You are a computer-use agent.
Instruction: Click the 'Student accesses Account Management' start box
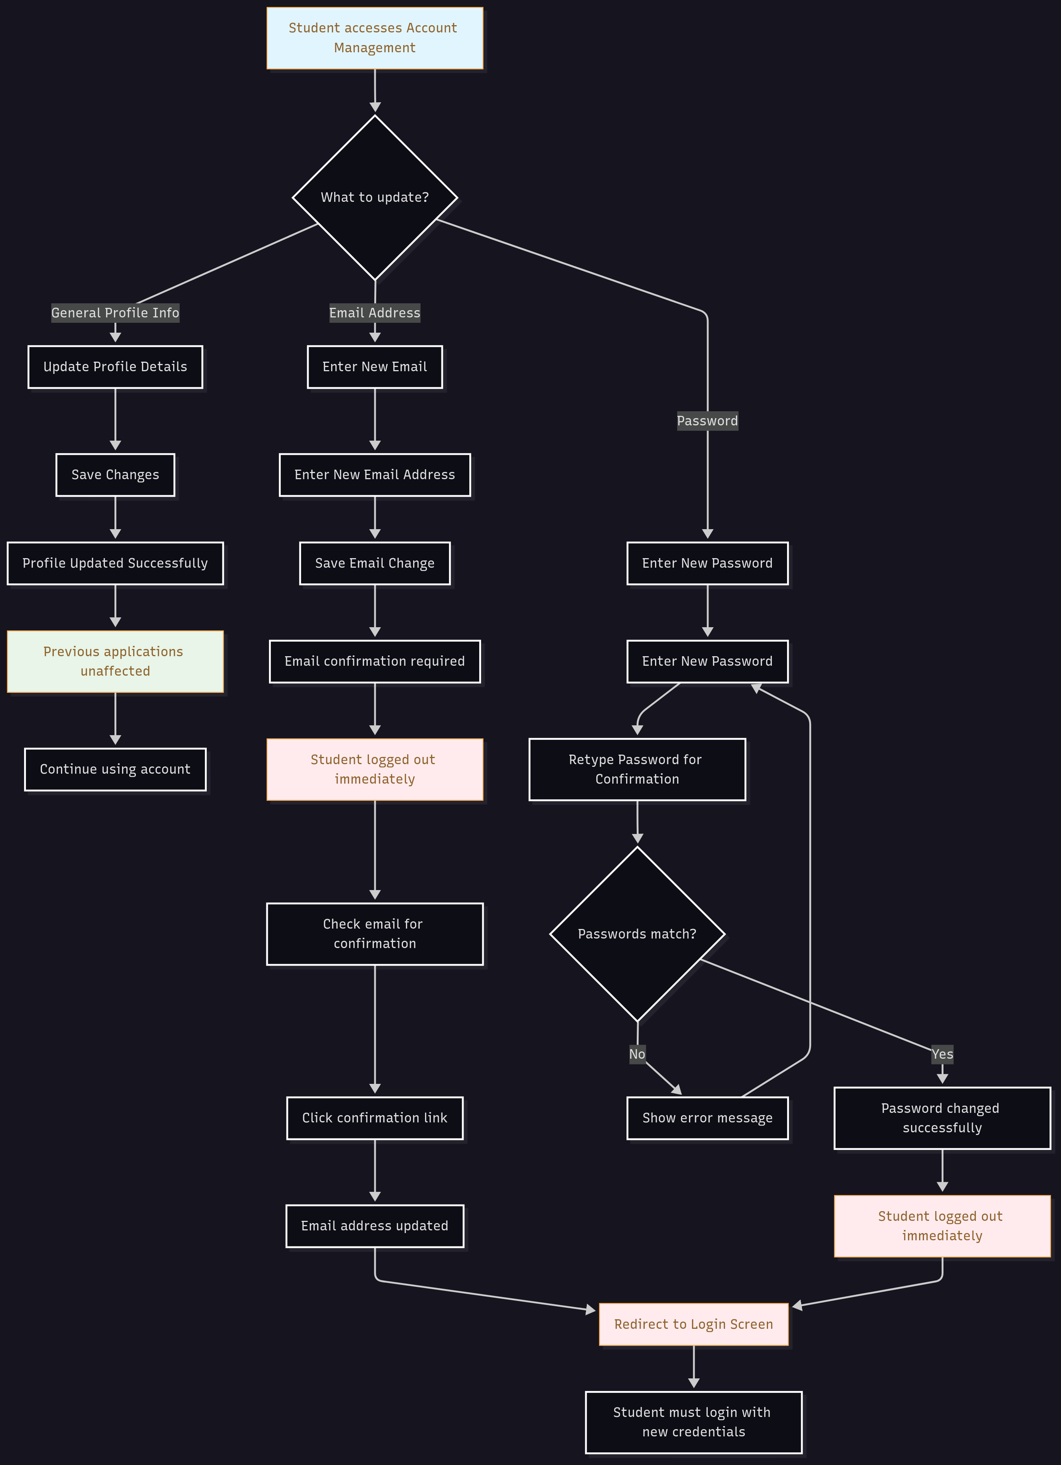375,38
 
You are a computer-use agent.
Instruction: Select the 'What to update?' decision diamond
375,198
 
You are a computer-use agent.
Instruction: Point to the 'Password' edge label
707,421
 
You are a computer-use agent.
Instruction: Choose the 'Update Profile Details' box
115,367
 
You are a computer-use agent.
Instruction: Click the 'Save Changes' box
115,475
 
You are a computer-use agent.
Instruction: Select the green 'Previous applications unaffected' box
115,662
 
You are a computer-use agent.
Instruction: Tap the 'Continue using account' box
115,770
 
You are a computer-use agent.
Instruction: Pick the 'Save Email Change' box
375,563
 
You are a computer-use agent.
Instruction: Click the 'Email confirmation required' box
375,662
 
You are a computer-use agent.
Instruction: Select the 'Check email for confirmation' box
375,934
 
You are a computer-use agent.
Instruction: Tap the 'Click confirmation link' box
375,1118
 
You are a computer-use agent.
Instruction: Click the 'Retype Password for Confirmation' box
637,770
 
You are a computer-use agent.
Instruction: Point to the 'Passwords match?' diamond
637,934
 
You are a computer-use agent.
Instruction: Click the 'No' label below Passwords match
637,1054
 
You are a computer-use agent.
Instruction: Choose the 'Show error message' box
707,1118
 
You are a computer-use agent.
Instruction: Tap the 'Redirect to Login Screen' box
694,1324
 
